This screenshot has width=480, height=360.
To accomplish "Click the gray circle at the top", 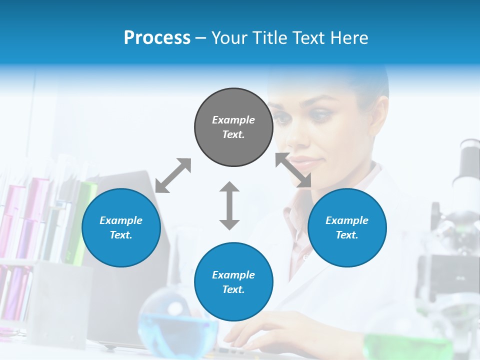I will tap(233, 127).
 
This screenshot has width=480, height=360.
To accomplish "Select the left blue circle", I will tap(121, 227).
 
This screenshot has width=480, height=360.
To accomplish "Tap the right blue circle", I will tap(347, 227).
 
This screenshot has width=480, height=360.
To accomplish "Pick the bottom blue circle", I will tap(233, 282).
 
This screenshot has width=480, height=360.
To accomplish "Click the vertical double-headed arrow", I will tap(229, 205).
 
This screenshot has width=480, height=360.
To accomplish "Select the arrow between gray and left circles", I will tap(173, 175).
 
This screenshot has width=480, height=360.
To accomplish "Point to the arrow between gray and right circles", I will tap(293, 170).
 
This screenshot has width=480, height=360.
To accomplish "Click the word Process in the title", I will tap(157, 38).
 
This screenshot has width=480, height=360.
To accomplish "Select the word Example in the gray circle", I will tap(233, 120).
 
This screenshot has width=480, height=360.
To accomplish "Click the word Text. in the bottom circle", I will tap(233, 289).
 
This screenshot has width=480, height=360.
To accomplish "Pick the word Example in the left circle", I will tap(121, 220).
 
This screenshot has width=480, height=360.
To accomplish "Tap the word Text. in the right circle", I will tap(347, 235).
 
